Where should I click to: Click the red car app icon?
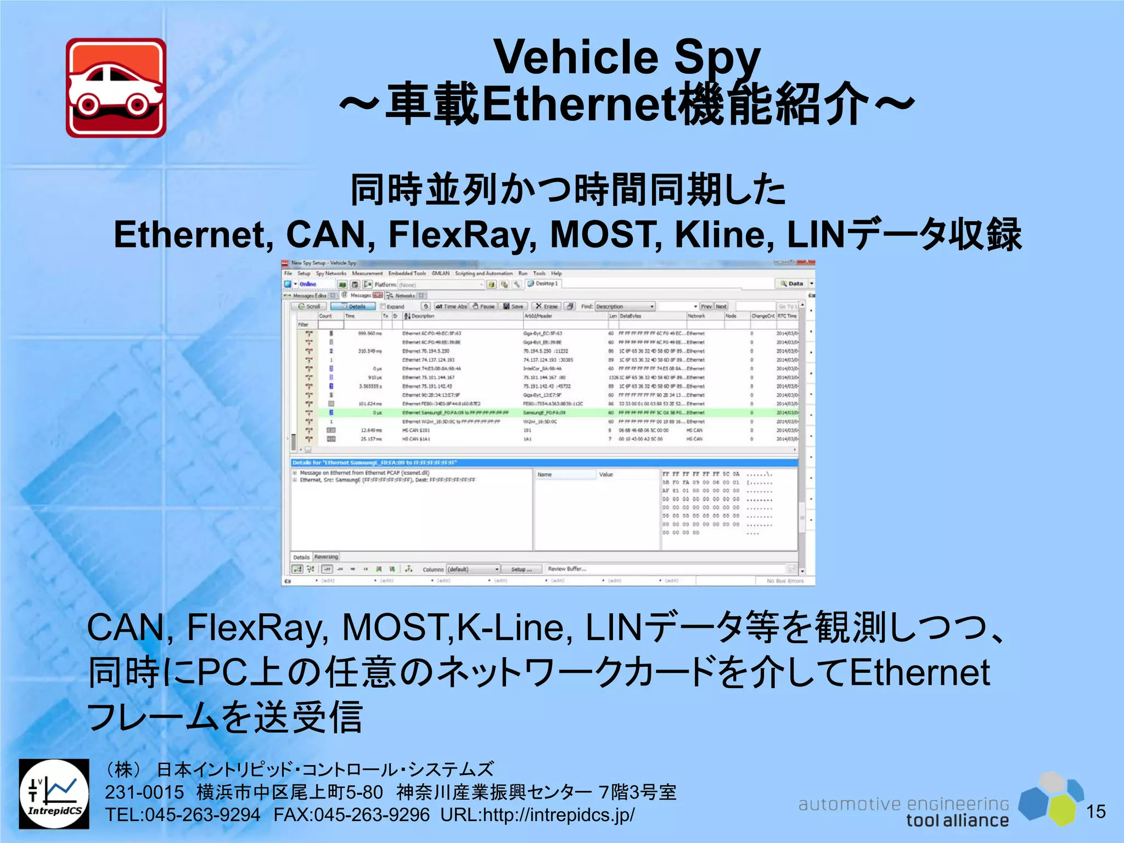click(116, 88)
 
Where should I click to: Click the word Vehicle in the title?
click(576, 57)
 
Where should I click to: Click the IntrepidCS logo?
click(54, 794)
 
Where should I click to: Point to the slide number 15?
click(1095, 811)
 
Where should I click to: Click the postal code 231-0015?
click(144, 792)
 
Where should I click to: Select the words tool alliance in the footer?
click(957, 820)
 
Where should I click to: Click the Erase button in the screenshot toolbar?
click(547, 306)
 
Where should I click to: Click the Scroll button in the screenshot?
click(310, 306)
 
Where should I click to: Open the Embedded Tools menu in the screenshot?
click(407, 273)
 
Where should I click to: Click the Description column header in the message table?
click(423, 316)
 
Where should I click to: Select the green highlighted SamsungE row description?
click(455, 413)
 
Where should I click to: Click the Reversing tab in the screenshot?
click(326, 557)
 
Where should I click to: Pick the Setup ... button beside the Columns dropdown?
click(521, 569)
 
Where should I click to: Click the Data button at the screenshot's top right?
click(792, 284)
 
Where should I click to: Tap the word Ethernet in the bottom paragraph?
click(919, 673)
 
